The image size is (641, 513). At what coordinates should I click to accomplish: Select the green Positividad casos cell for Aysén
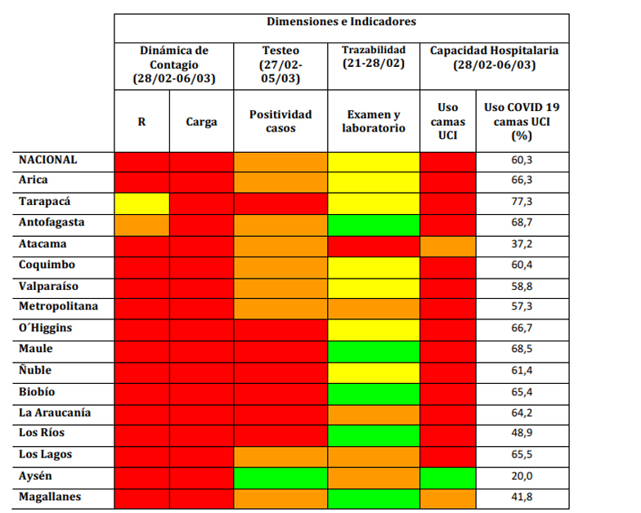280,476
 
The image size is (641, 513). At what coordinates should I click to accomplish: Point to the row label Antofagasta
52,222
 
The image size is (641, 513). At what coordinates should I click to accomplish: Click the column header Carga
201,122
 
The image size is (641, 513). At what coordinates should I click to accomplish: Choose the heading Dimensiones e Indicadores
341,22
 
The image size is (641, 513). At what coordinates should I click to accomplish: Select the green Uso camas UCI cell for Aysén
447,476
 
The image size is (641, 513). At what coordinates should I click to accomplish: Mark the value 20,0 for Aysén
522,476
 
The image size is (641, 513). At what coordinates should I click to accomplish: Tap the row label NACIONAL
48,159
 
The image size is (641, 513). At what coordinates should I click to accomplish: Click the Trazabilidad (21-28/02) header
373,57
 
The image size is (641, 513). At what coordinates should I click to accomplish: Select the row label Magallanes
51,497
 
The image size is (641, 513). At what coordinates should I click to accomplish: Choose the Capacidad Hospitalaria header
495,57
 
